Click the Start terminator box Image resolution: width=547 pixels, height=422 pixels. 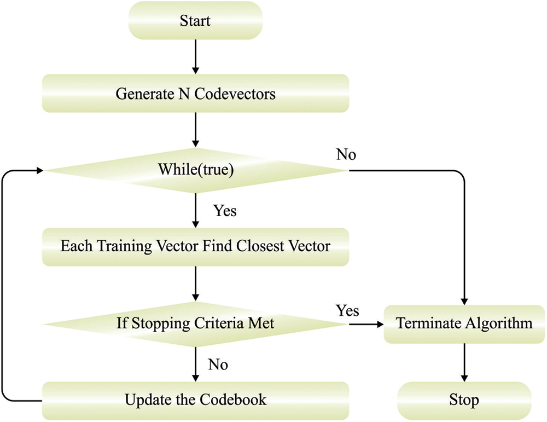click(x=195, y=22)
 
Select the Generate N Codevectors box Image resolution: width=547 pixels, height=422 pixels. click(x=195, y=94)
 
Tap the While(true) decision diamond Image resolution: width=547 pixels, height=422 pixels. click(x=195, y=171)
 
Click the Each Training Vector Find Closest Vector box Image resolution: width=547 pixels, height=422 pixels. click(x=195, y=246)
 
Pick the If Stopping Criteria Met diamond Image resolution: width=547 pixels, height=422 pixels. click(x=195, y=323)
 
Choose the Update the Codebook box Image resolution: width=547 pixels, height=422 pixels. click(x=195, y=399)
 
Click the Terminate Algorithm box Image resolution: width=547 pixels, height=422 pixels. click(x=464, y=323)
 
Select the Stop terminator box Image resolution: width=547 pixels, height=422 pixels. click(x=464, y=399)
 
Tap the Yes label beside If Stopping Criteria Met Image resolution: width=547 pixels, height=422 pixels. click(x=348, y=310)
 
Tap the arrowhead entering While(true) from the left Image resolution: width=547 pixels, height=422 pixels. click(x=39, y=171)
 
